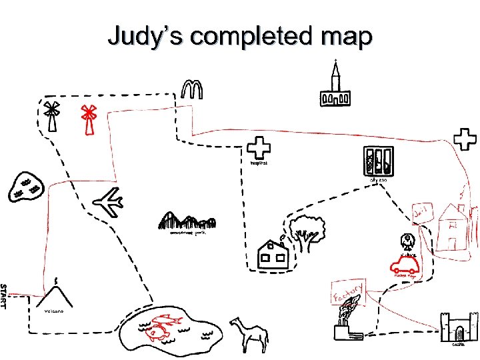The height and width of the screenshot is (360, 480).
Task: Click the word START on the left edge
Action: pos(4,296)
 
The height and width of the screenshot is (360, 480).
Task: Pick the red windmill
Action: pos(88,119)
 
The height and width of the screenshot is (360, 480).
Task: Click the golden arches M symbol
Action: pos(191,89)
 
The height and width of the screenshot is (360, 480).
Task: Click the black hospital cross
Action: pos(258,149)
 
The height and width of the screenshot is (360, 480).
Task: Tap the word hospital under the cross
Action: pos(259,163)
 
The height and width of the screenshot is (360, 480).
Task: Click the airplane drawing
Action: pos(108,202)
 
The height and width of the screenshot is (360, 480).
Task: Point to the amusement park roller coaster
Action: pos(187,221)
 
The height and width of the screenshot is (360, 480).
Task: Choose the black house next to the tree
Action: pos(272,253)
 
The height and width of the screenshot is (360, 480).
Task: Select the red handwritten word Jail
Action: pos(422,213)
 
